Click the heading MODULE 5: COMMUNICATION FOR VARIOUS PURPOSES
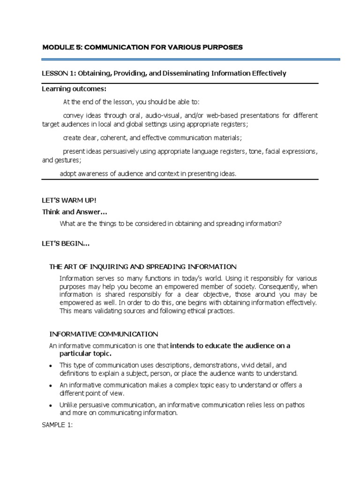142,48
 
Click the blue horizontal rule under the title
191,60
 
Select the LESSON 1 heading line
164,74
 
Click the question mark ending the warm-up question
280,224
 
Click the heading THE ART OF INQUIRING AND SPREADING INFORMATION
143,267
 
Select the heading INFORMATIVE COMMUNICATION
104,334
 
